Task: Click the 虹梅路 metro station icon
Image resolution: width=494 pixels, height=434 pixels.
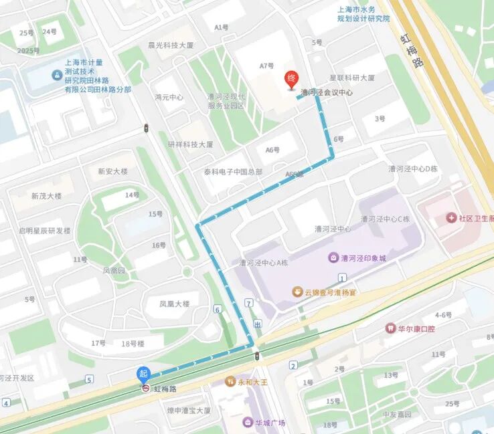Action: point(145,389)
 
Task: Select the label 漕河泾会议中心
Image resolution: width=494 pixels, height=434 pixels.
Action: point(327,93)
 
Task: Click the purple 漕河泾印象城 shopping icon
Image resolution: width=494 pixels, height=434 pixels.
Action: point(333,257)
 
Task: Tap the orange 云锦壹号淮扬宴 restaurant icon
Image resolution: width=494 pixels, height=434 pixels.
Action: point(297,291)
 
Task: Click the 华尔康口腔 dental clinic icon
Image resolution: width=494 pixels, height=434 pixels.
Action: point(390,328)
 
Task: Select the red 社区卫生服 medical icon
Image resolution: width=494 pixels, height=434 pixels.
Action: point(452,219)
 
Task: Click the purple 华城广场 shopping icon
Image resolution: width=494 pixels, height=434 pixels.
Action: point(247,423)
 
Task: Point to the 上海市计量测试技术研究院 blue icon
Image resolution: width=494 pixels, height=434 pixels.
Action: point(56,76)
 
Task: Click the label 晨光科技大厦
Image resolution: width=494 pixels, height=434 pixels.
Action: point(171,45)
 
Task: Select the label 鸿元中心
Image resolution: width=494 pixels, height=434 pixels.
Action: point(169,97)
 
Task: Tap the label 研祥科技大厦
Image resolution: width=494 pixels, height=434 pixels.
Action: point(190,144)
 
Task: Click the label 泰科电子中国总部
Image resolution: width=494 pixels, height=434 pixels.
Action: point(233,172)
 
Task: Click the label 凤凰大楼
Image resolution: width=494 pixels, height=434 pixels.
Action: point(174,304)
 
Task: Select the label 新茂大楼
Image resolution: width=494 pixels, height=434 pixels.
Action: point(46,196)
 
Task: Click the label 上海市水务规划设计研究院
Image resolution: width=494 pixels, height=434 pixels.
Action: point(363,14)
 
